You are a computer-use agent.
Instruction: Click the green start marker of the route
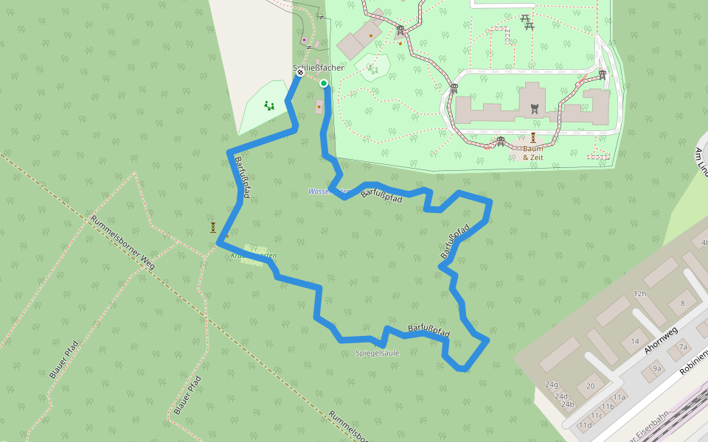click(324, 83)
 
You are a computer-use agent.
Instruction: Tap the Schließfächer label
click(319, 68)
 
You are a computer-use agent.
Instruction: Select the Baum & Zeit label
click(532, 152)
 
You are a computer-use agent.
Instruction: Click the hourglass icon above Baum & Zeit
click(532, 137)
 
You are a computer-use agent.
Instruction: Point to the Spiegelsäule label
click(377, 353)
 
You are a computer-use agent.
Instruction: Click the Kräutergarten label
click(254, 255)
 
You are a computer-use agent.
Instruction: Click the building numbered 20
click(590, 385)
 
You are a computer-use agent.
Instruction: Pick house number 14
click(635, 341)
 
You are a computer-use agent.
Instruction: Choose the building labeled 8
click(682, 303)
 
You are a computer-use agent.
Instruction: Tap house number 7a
click(683, 347)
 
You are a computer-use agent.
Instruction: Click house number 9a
click(656, 368)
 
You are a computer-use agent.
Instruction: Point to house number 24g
click(552, 385)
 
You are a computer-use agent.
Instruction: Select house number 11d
click(585, 424)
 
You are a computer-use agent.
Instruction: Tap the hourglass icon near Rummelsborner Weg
click(213, 227)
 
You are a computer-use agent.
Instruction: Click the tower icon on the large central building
click(535, 108)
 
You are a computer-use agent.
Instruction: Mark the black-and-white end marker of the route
click(301, 73)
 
